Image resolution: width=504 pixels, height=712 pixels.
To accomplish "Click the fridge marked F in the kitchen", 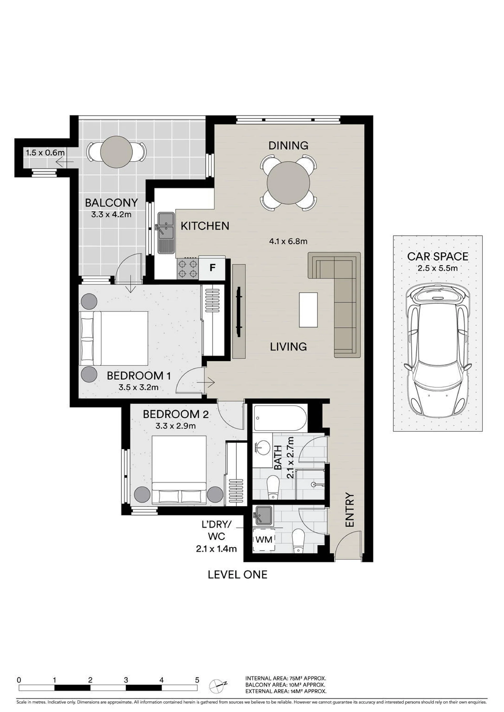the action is tap(212, 268).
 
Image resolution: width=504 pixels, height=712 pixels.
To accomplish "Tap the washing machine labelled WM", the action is tap(264, 540).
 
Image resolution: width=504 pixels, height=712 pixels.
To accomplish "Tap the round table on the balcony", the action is tap(116, 152).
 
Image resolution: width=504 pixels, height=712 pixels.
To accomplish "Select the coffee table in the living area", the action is tap(308, 309).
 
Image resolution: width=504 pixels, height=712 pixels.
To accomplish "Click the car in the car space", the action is tap(438, 350).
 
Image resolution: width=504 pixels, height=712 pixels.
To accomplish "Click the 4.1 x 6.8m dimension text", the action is tap(288, 241).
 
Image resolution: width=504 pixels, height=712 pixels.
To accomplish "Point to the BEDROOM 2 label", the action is tap(176, 414).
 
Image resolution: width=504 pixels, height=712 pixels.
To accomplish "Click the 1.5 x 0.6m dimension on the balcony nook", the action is tap(45, 153).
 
